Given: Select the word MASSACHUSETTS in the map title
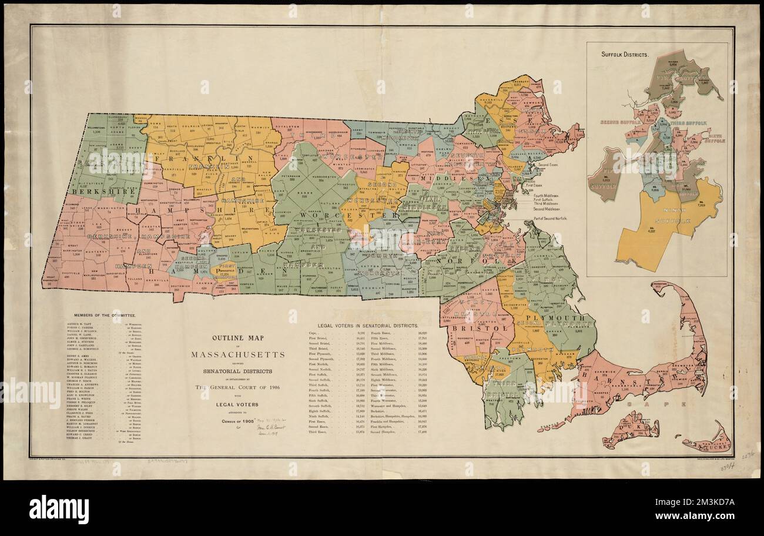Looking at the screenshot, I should (238, 355).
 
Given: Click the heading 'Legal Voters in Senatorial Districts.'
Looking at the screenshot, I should (368, 325).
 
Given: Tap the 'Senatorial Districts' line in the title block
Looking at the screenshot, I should (238, 371).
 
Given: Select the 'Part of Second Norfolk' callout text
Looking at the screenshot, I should (557, 219).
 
